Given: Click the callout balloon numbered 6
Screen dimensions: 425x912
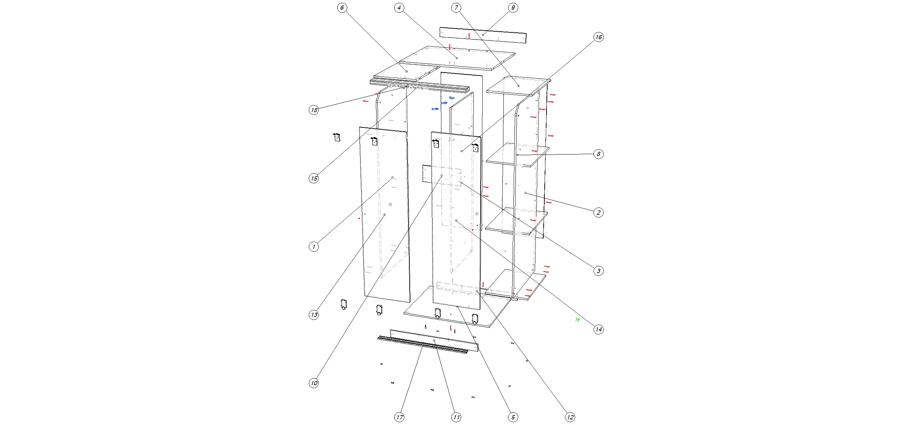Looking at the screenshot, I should point(342,8).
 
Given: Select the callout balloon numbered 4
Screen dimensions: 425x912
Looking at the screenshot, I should point(399,8).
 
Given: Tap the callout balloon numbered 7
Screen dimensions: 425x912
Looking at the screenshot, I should point(456,8).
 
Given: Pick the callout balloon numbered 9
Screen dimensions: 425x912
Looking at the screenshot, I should point(513,8).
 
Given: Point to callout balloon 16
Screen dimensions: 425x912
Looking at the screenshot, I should point(598,37).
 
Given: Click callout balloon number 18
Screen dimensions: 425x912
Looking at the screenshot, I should point(314,110).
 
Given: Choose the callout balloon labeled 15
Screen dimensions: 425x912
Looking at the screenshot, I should point(314,178).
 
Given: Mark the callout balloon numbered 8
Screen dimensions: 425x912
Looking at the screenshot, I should point(598,154).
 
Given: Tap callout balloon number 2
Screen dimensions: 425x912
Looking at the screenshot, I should point(598,213).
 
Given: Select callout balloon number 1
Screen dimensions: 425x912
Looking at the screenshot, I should point(314,247).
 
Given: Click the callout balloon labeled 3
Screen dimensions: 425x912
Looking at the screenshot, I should point(598,271).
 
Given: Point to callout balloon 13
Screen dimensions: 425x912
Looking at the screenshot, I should point(314,315).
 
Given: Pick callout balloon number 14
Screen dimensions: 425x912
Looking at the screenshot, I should point(598,329).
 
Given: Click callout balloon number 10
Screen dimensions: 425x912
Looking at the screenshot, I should point(314,383).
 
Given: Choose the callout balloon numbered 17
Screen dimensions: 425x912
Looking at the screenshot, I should point(399,417).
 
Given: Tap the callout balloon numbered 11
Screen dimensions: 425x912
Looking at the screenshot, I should point(456,417).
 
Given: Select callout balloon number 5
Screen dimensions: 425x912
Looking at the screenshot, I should point(513,417).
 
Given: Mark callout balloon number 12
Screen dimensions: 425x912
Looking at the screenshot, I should point(570,417).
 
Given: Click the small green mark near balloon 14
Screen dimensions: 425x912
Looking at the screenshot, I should point(577,320).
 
